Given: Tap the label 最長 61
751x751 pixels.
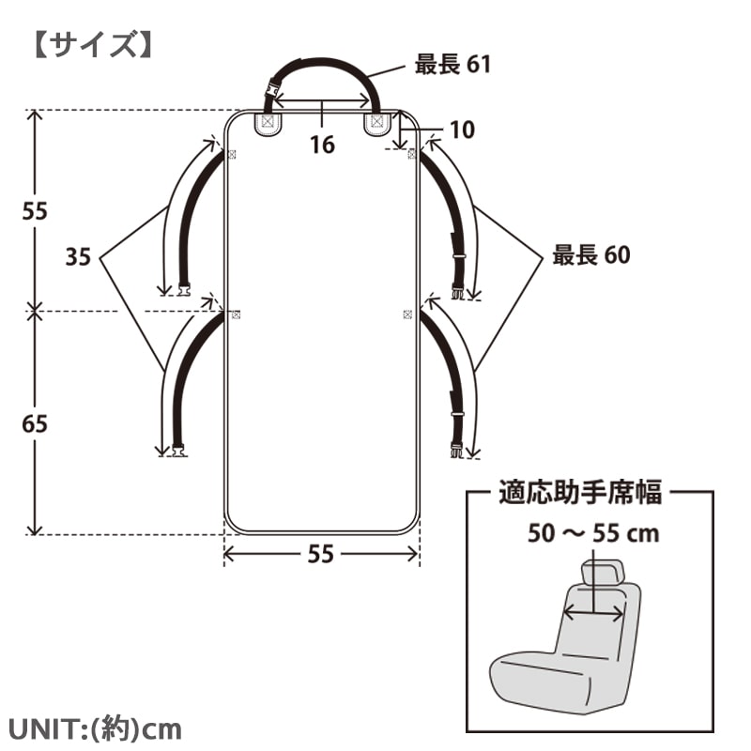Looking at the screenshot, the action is (452, 64).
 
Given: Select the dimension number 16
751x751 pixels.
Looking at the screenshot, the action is (322, 145).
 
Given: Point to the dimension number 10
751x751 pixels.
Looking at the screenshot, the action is (462, 130).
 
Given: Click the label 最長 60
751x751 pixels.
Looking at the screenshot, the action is (591, 254).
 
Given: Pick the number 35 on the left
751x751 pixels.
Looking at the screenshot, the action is (78, 256).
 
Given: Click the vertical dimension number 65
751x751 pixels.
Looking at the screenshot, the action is (35, 424).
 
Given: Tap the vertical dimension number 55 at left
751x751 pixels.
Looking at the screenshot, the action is (35, 211).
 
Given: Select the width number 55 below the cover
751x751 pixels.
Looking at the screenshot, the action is (320, 554).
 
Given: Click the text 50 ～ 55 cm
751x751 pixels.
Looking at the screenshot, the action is (593, 533).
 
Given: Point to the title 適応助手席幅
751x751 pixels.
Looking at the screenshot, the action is (580, 492).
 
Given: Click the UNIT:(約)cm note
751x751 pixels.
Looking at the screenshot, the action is (95, 729).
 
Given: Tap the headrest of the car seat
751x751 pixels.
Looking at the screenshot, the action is (603, 573).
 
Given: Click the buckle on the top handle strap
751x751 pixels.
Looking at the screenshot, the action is (273, 90).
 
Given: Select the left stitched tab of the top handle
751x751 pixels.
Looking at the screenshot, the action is (268, 123).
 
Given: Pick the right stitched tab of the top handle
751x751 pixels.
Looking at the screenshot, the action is (378, 123).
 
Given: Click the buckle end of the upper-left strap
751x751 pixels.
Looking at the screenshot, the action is (183, 289).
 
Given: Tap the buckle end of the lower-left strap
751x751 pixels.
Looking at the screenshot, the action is (178, 451).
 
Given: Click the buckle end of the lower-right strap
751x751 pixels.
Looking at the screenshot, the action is (457, 451).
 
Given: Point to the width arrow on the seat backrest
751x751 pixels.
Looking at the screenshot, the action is (594, 613).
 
